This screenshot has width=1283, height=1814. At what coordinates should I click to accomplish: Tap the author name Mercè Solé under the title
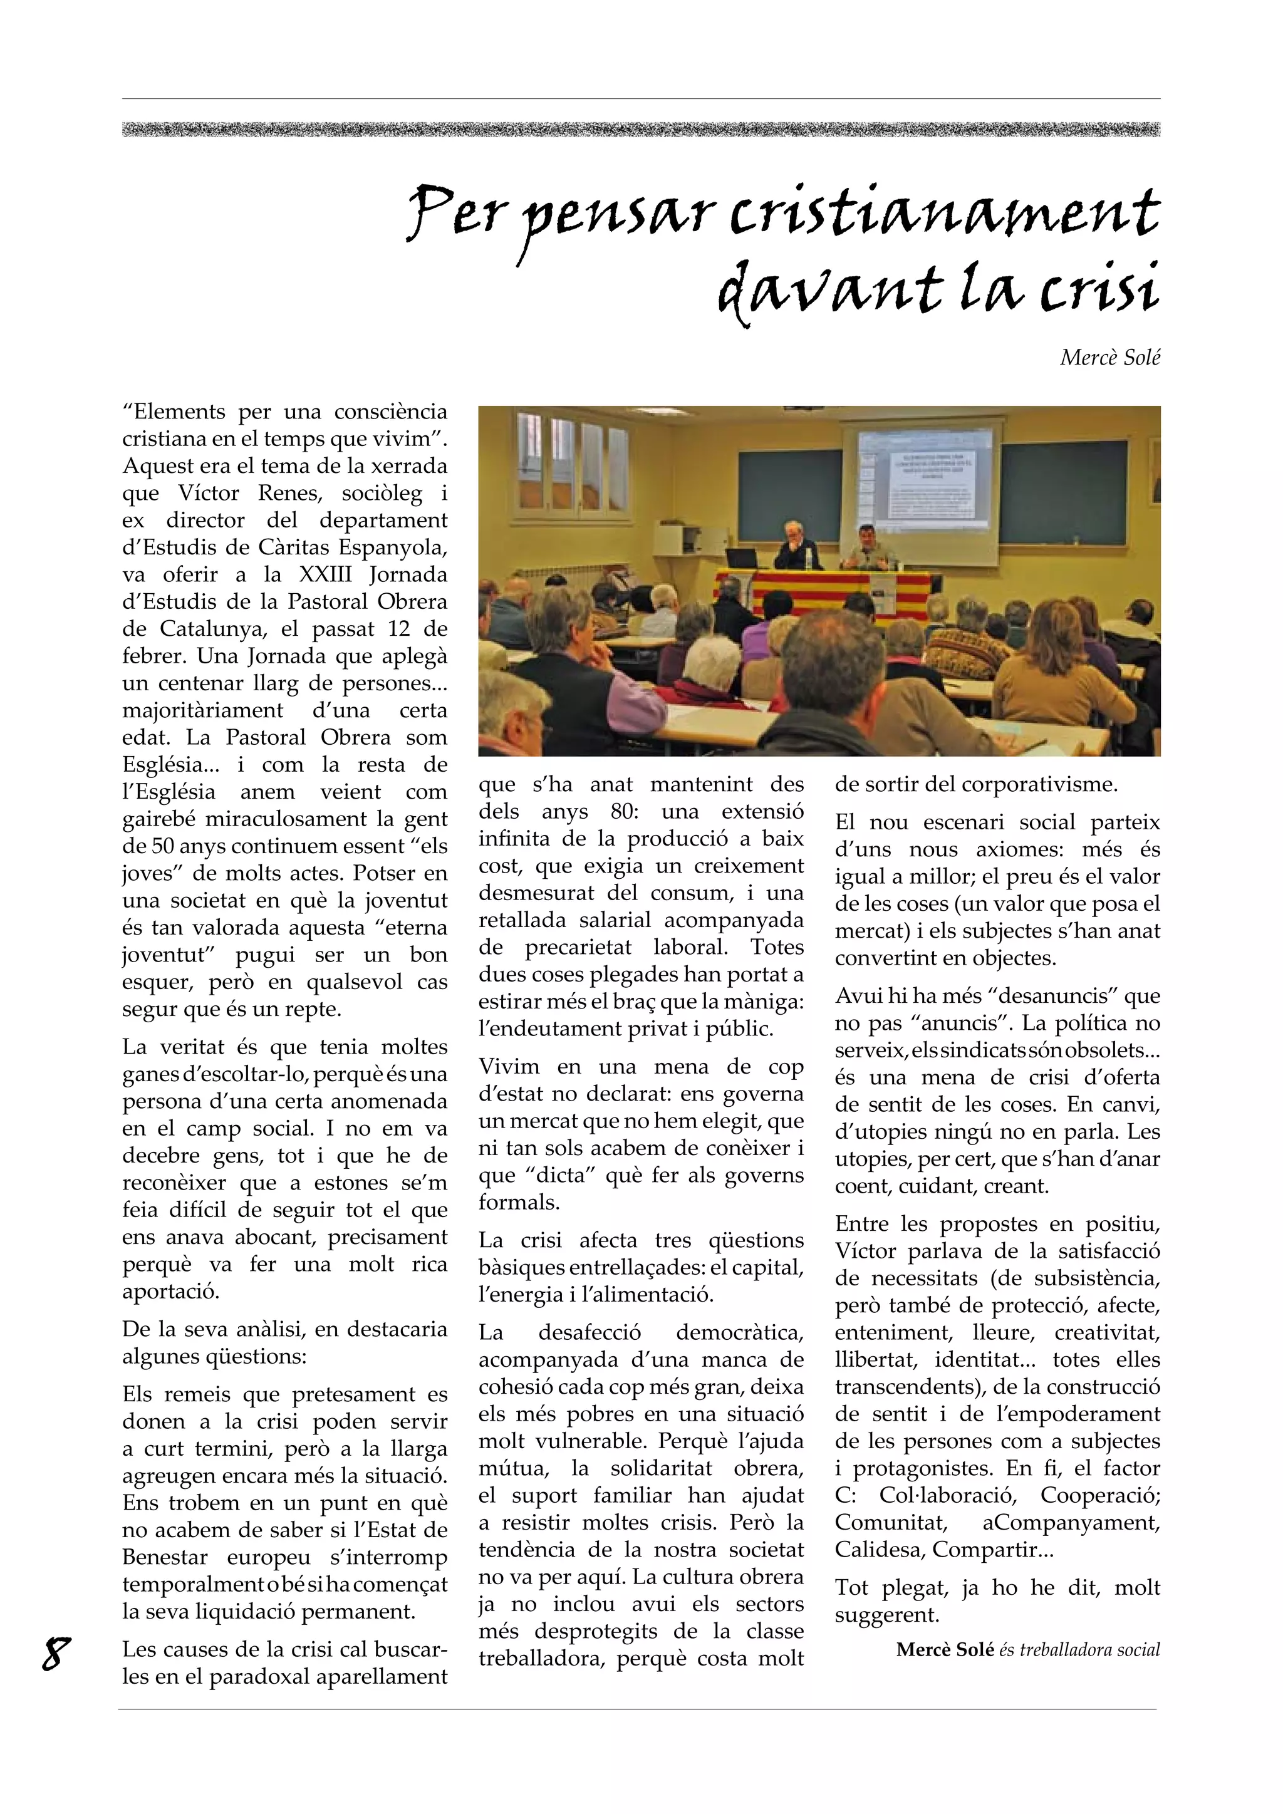coord(1109,358)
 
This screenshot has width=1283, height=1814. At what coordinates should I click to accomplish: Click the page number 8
coord(55,1654)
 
